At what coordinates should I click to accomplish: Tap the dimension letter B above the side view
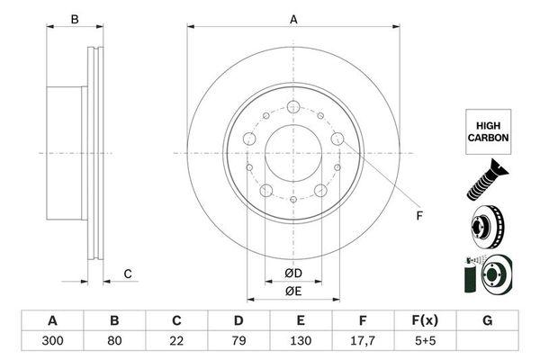76,19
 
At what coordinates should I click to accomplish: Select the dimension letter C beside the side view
128,273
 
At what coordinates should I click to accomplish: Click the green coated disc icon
487,273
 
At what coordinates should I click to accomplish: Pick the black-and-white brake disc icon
487,226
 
